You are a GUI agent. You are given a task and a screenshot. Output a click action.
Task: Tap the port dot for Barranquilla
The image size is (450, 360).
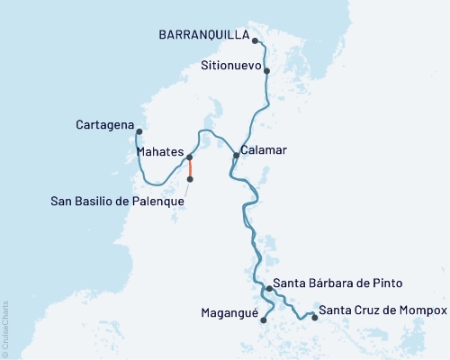256,40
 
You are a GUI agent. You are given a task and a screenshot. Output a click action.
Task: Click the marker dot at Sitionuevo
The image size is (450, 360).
267,69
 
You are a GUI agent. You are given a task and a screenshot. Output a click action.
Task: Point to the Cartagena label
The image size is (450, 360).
105,123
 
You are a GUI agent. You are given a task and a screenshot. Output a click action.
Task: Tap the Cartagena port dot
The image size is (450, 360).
139,132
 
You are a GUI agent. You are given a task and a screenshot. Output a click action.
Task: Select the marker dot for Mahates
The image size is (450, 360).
189,158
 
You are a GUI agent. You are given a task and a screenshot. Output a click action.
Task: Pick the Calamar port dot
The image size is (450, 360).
237,156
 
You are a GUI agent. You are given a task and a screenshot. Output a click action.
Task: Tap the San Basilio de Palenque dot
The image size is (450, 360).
189,179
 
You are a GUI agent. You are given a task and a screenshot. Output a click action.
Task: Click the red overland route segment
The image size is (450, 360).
189,169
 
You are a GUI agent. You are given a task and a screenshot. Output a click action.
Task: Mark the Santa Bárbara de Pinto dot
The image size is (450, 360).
269,289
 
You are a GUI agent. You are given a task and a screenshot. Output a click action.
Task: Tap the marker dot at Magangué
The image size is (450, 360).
263,319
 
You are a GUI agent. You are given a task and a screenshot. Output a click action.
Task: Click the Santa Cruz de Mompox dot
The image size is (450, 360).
314,316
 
